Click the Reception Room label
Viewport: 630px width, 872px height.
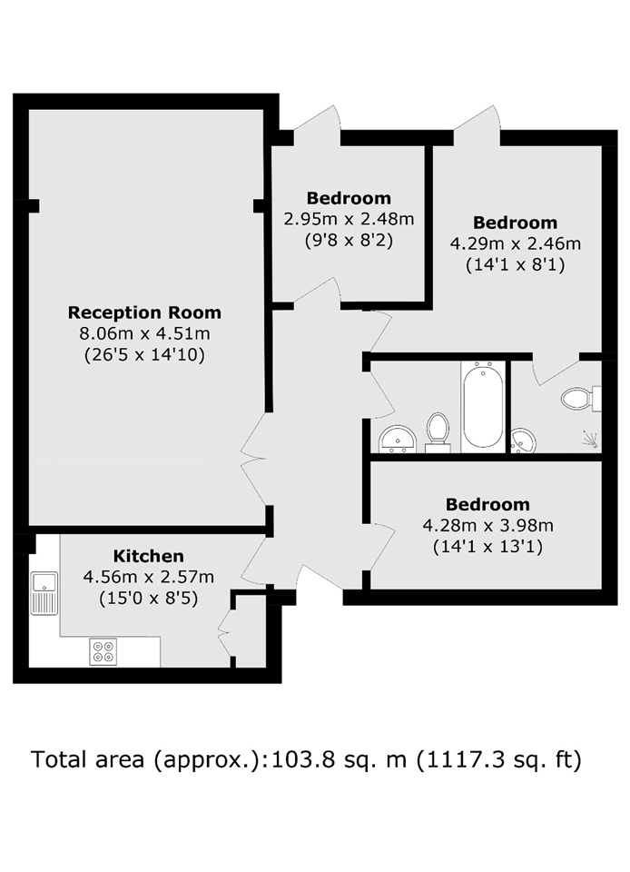(144, 312)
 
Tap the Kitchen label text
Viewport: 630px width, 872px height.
(148, 556)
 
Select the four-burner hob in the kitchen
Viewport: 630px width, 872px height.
(103, 651)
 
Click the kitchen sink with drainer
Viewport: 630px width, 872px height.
(44, 593)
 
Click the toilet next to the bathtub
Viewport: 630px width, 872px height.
(438, 431)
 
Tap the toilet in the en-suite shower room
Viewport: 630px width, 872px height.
(581, 398)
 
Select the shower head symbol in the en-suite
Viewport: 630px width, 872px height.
(591, 440)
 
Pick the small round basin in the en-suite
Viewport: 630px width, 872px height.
(523, 441)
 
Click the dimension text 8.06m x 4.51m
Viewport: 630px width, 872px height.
(145, 333)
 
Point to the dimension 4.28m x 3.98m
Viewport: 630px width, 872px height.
(487, 525)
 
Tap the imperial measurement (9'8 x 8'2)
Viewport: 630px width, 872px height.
(349, 241)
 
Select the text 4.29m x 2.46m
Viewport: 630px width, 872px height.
(515, 243)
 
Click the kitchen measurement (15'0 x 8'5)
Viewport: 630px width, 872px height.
(148, 599)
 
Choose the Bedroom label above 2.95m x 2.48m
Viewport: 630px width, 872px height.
(349, 198)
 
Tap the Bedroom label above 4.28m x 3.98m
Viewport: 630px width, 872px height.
(487, 504)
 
